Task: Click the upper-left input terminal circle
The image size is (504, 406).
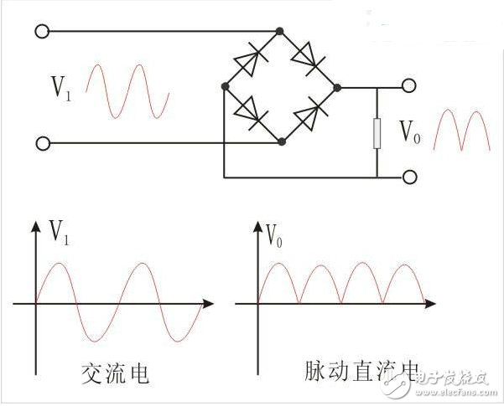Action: pyautogui.click(x=41, y=32)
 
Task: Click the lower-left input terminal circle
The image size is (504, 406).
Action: pyautogui.click(x=41, y=143)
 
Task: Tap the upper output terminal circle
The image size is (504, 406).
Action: pyautogui.click(x=408, y=86)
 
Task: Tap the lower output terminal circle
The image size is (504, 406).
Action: pyautogui.click(x=408, y=177)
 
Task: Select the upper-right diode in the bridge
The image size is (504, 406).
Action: pyautogui.click(x=308, y=58)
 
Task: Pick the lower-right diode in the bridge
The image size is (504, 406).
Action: pyautogui.click(x=309, y=112)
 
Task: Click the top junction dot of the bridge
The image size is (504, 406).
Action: pyautogui.click(x=280, y=32)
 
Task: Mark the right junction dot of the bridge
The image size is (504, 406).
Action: pyautogui.click(x=336, y=86)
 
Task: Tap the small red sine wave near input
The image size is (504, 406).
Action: pyautogui.click(x=128, y=90)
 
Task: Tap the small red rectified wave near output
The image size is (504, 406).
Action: pyautogui.click(x=461, y=131)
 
